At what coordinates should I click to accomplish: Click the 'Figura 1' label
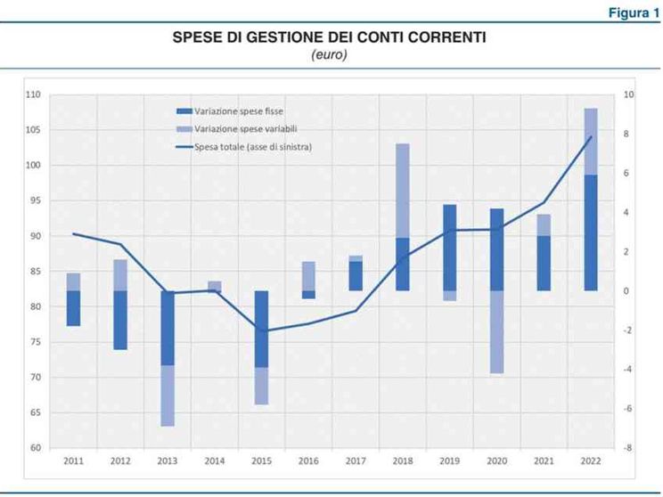634,12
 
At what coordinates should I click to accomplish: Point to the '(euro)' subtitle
329,55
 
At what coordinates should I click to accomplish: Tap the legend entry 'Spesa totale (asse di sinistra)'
252,145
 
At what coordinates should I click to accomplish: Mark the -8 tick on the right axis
627,448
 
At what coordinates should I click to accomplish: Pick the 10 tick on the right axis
629,94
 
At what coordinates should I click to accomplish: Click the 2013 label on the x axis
167,461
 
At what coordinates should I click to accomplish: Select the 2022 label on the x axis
590,461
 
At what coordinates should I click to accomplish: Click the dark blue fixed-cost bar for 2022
590,232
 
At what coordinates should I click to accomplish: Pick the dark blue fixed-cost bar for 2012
120,320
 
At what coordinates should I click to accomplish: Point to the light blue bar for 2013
167,395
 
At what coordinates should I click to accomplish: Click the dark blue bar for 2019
450,248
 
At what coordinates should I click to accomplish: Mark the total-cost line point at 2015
260,330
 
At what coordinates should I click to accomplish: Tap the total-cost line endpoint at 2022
590,137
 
